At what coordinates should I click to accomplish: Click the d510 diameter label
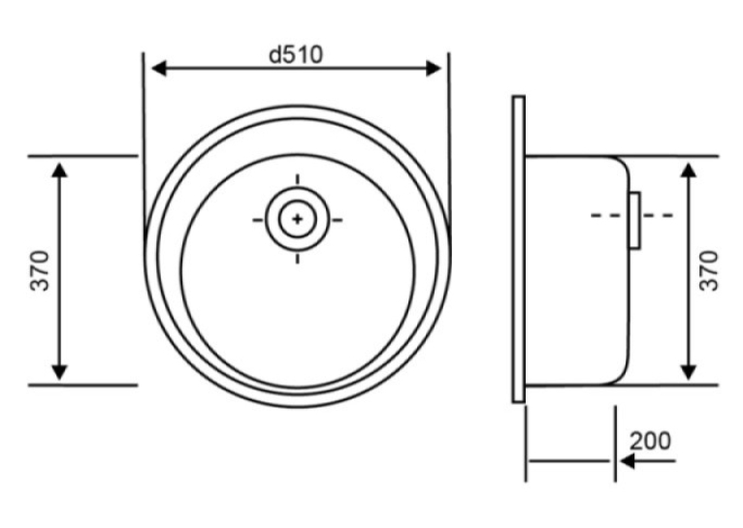coord(296,54)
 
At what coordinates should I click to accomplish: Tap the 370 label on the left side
coord(40,270)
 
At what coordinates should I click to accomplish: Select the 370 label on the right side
coord(709,270)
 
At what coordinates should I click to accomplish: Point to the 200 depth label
coord(650,441)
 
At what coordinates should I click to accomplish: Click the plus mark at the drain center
coord(297,219)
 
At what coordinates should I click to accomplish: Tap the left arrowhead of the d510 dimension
coord(159,69)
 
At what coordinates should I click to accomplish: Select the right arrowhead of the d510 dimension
coord(434,69)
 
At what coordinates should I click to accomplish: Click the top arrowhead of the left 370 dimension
coord(59,170)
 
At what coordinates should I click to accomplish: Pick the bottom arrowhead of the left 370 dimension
coord(59,372)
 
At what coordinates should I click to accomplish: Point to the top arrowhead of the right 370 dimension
coord(688,170)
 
